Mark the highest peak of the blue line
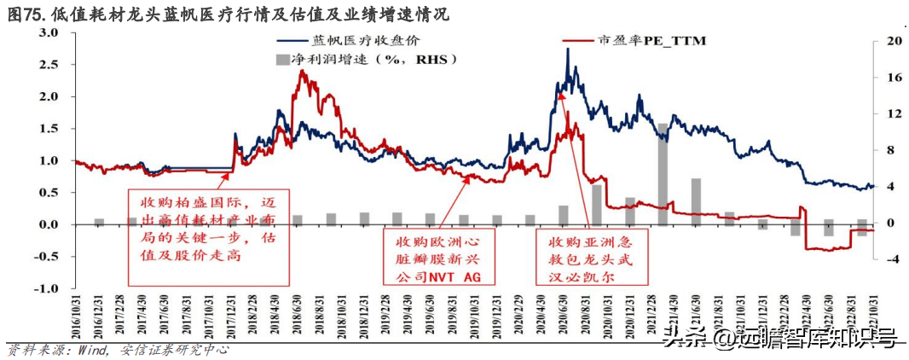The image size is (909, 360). (568, 50)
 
